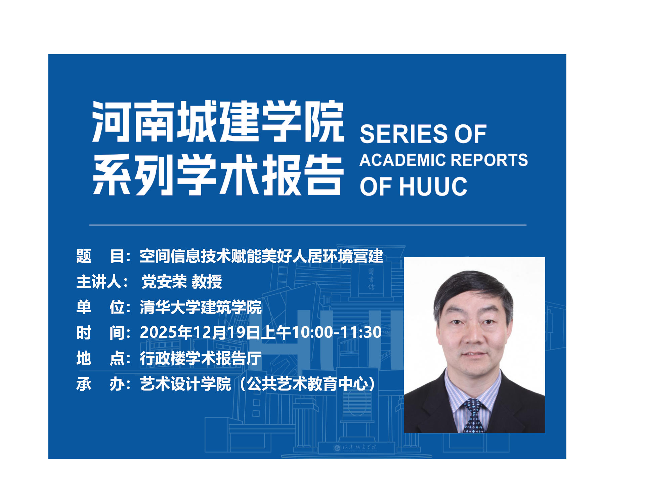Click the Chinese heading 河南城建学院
point(218,121)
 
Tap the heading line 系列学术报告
point(218,175)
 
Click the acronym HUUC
point(433,187)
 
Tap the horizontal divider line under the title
point(308,225)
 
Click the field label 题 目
point(100,256)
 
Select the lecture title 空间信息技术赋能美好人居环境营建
point(261,256)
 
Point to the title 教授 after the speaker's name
point(207,282)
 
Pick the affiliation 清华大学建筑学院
point(201,307)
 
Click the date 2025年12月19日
point(200,333)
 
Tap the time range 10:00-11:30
point(336,333)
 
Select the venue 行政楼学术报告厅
point(201,358)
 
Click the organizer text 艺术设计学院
point(185,384)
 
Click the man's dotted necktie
point(474,417)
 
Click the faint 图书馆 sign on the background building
point(371,279)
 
